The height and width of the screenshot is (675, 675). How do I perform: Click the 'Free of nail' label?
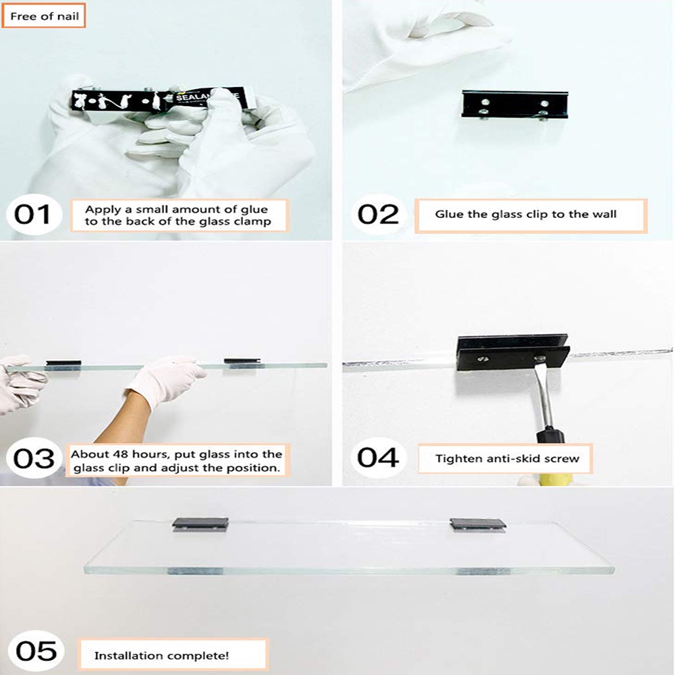pyautogui.click(x=43, y=16)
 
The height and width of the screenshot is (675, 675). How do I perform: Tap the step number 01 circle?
pyautogui.click(x=34, y=215)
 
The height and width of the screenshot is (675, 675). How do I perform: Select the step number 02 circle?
pyautogui.click(x=377, y=215)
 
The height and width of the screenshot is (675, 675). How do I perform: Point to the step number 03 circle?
pyautogui.click(x=34, y=458)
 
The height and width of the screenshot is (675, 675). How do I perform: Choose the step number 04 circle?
pyautogui.click(x=377, y=457)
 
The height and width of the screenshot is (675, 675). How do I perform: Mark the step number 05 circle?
pyautogui.click(x=36, y=651)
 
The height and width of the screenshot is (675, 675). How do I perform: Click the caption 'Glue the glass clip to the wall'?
pyautogui.click(x=526, y=214)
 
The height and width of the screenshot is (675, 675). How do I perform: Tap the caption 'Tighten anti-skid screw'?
pyautogui.click(x=507, y=458)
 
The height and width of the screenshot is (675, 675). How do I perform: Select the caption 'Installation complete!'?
pyautogui.click(x=161, y=655)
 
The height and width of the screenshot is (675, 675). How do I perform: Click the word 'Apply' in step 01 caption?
pyautogui.click(x=103, y=210)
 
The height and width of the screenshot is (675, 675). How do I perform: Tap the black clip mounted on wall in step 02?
pyautogui.click(x=515, y=104)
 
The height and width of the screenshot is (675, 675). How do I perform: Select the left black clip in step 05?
pyautogui.click(x=200, y=524)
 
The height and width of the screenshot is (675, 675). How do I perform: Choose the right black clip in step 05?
pyautogui.click(x=478, y=524)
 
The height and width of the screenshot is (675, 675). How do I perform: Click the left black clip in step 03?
pyautogui.click(x=63, y=364)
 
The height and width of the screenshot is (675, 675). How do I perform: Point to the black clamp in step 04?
pyautogui.click(x=513, y=352)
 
